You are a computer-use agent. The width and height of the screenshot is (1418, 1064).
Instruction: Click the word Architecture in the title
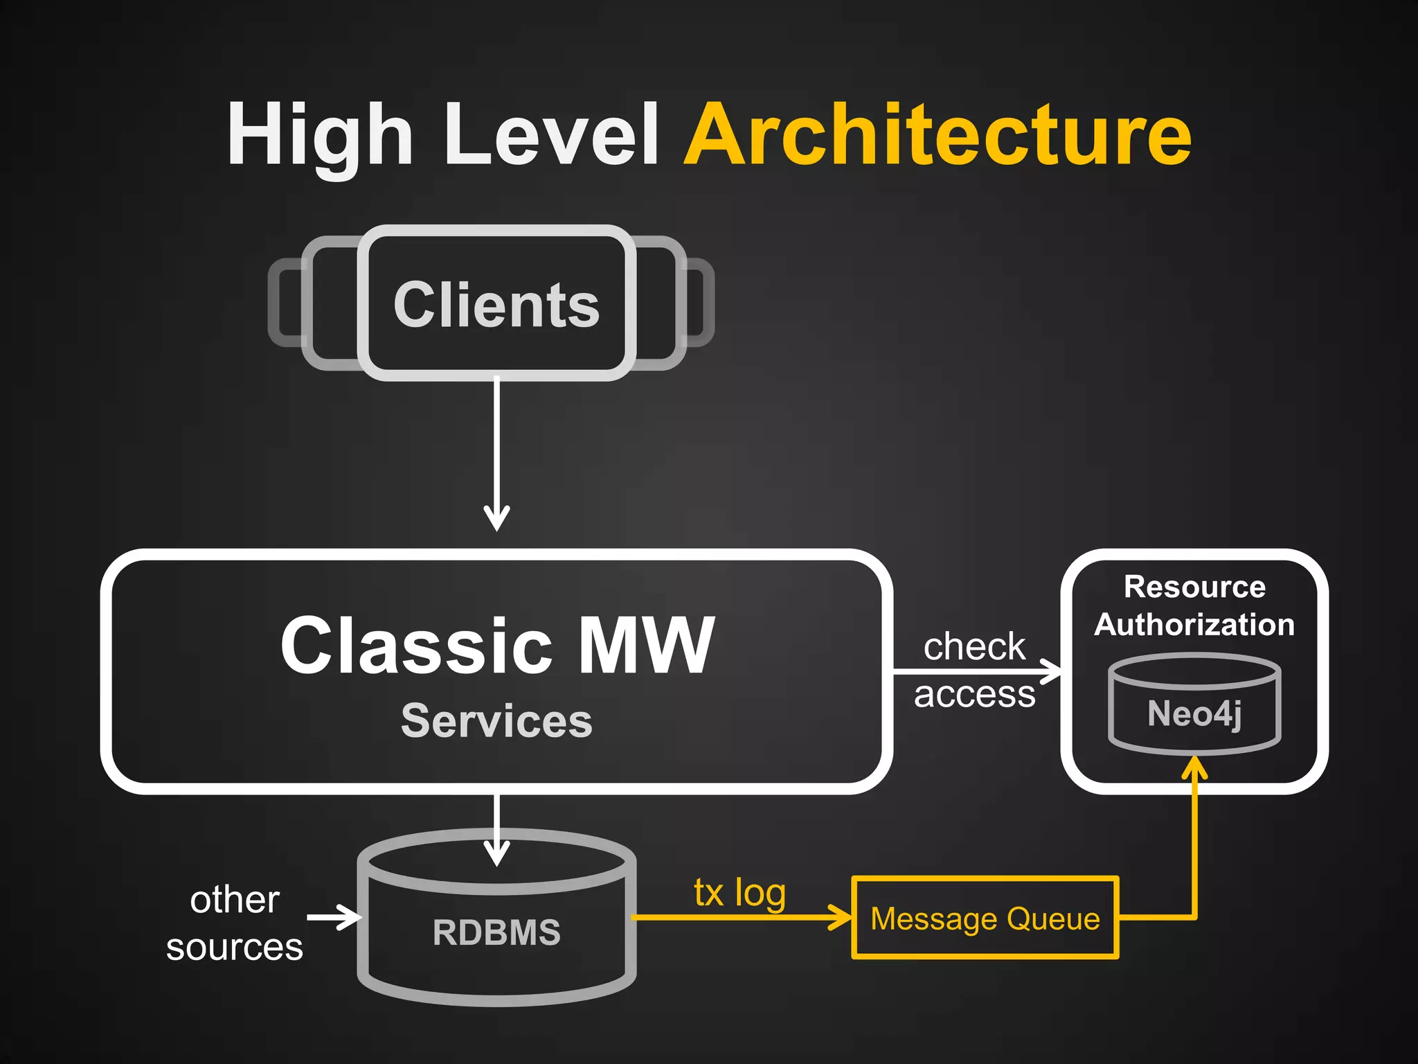click(937, 135)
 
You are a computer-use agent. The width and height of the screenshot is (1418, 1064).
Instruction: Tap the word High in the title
click(320, 135)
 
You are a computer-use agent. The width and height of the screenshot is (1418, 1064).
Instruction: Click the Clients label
click(496, 305)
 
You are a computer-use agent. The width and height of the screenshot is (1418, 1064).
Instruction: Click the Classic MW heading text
click(496, 646)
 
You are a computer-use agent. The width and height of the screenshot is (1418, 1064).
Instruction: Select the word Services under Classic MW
click(496, 720)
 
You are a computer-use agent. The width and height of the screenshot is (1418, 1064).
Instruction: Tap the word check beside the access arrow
click(974, 646)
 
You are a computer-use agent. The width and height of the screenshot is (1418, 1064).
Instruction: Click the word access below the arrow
click(974, 693)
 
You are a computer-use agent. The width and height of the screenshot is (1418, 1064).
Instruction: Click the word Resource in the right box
click(1194, 587)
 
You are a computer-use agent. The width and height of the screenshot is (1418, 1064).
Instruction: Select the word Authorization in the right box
click(1194, 624)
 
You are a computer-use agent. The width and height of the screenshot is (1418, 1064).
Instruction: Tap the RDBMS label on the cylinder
click(496, 932)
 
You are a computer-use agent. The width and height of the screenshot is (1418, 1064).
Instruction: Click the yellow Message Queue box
click(985, 919)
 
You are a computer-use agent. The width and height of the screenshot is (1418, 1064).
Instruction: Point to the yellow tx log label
click(739, 892)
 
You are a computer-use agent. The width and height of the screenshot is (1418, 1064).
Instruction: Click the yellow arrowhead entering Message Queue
click(841, 918)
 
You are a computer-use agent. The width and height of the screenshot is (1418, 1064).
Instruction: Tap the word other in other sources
click(235, 900)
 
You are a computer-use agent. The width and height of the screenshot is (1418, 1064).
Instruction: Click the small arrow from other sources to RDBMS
click(336, 918)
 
